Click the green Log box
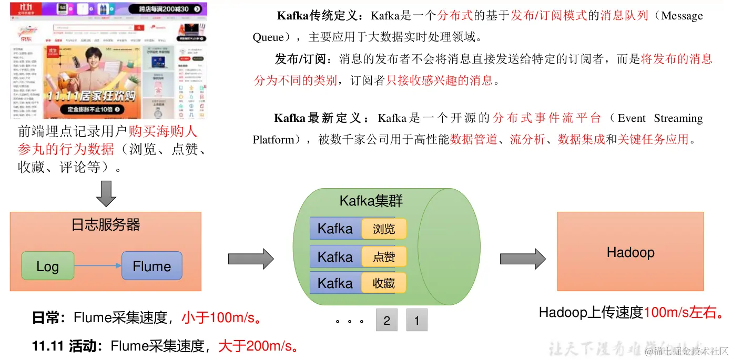(x=47, y=266)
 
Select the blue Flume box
(x=151, y=266)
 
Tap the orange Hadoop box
(x=630, y=252)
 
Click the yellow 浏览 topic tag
(x=384, y=229)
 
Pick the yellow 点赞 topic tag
(x=384, y=257)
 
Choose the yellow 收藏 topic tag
(x=384, y=283)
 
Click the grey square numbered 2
(x=387, y=320)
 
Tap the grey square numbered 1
(x=417, y=320)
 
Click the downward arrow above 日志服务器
(x=106, y=193)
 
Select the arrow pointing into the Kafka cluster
(x=251, y=259)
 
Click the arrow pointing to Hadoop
(x=522, y=259)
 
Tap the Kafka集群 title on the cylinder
(x=371, y=201)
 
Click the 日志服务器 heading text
(x=106, y=225)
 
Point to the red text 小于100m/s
(x=221, y=318)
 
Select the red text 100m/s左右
(x=683, y=313)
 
